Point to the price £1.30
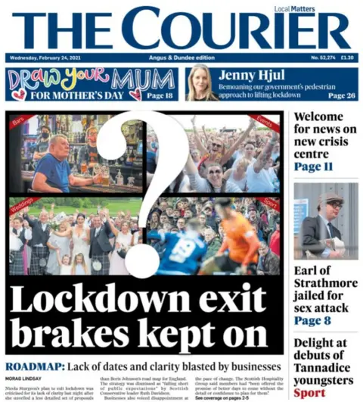coord(346,58)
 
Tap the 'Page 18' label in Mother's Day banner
coord(160,95)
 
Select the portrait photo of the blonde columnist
coord(201,83)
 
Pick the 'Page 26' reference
coord(343,96)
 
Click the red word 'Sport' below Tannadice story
coord(309,393)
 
